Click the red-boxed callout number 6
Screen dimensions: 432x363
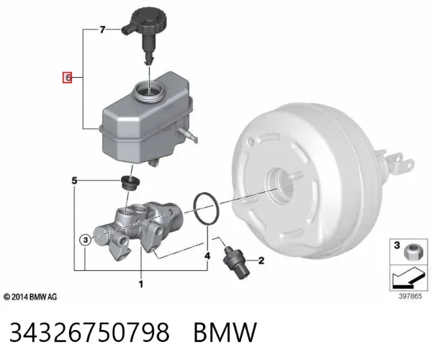pos(68,78)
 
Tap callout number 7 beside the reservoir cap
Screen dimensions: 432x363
pos(102,30)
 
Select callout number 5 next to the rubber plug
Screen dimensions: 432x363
pos(74,181)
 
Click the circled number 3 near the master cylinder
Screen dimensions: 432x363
pos(86,240)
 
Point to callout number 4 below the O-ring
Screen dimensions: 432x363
pos(207,256)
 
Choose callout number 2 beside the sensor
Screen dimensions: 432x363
pos(261,261)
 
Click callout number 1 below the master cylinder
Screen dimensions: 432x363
pos(141,284)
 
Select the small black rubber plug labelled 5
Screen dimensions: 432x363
pos(130,182)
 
